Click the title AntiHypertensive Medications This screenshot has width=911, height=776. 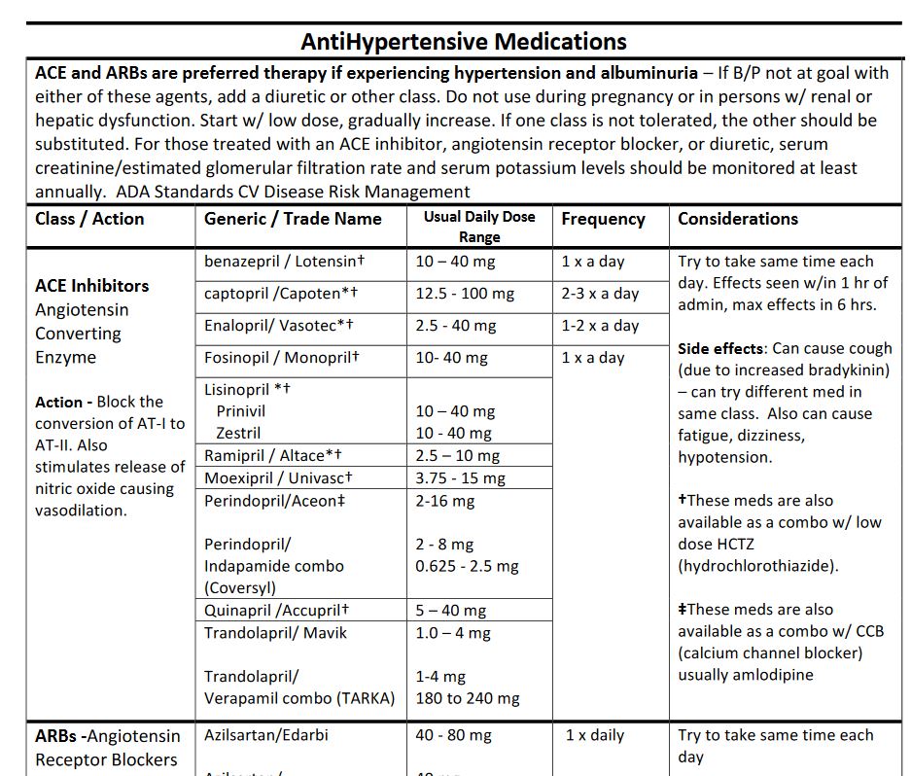pos(464,42)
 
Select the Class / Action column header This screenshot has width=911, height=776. pos(89,219)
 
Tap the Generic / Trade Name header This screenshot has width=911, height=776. pos(293,219)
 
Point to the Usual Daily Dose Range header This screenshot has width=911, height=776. pos(479,227)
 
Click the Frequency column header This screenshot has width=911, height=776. pos(603,219)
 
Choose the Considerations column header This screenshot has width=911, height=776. pos(738,219)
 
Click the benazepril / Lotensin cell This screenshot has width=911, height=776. pos(284,262)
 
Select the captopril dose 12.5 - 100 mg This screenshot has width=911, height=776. pos(466,294)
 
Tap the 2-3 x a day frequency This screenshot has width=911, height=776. pos(600,294)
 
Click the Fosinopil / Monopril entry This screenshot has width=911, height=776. pos(282,358)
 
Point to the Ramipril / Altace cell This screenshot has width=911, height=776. pos(273,455)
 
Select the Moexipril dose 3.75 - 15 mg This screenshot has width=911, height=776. pos(461,477)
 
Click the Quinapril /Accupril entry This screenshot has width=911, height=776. pos(276,611)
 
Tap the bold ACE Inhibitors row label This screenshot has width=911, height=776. pos(92,286)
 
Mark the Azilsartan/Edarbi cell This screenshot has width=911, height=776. pos(266,735)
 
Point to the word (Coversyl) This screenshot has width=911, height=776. pos(239,587)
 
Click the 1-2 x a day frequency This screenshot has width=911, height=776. pos(600,326)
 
